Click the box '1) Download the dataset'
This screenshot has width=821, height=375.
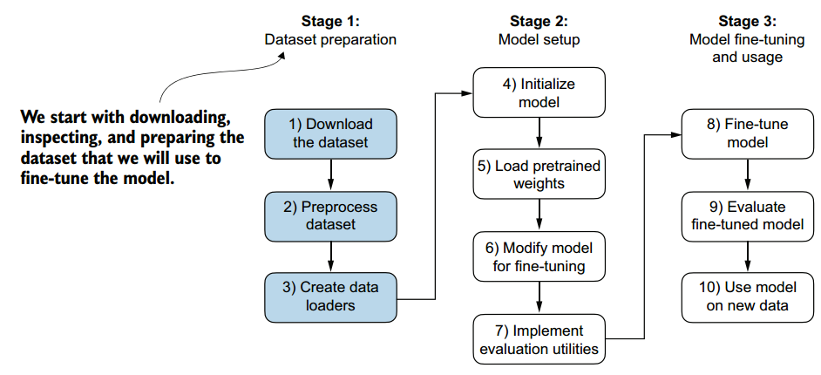pyautogui.click(x=330, y=133)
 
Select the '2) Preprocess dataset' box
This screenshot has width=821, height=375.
pyautogui.click(x=330, y=215)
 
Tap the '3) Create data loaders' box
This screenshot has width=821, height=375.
pyautogui.click(x=330, y=296)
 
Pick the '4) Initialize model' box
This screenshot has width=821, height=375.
pyautogui.click(x=539, y=92)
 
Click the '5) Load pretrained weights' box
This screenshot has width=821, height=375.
pyautogui.click(x=539, y=174)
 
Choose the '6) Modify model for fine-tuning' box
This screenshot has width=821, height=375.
pyautogui.click(x=539, y=257)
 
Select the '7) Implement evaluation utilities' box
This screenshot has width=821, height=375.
pyautogui.click(x=539, y=339)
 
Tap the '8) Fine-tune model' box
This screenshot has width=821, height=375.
pyautogui.click(x=745, y=133)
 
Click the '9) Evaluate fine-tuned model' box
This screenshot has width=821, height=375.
pyautogui.click(x=745, y=215)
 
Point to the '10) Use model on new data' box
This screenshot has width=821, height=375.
pyautogui.click(x=745, y=297)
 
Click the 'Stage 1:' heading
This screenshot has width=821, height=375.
pyautogui.click(x=330, y=22)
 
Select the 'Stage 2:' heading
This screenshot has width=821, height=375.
pyautogui.click(x=539, y=22)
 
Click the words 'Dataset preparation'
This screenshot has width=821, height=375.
pyautogui.click(x=330, y=39)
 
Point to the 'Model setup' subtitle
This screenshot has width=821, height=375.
pyautogui.click(x=539, y=39)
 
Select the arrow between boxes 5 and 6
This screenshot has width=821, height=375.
pyautogui.click(x=539, y=215)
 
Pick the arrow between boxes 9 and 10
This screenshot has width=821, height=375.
pyautogui.click(x=746, y=256)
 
